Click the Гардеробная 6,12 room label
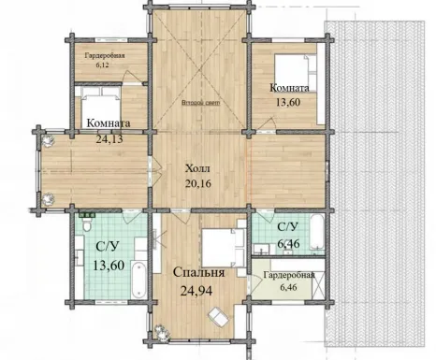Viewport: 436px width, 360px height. tap(105, 60)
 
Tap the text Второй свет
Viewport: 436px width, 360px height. tap(201, 103)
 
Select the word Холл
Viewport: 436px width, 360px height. tap(197, 168)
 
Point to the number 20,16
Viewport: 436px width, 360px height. tap(198, 183)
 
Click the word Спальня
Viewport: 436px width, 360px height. tap(198, 272)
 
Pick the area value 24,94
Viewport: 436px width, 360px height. tap(196, 291)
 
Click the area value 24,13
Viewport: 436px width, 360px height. tap(109, 138)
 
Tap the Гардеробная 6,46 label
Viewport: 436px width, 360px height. tap(289, 281)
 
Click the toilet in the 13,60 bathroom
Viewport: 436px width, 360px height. tap(87, 224)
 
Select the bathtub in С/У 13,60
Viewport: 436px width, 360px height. tap(138, 281)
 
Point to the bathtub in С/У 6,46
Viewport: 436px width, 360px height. tap(316, 232)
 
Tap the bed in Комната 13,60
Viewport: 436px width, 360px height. tap(296, 74)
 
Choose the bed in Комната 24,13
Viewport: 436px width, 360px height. tap(101, 106)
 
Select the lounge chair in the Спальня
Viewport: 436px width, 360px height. tap(219, 316)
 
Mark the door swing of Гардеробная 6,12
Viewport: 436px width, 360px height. tap(132, 77)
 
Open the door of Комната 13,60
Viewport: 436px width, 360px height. tap(267, 124)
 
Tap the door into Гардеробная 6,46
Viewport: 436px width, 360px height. tap(254, 283)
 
